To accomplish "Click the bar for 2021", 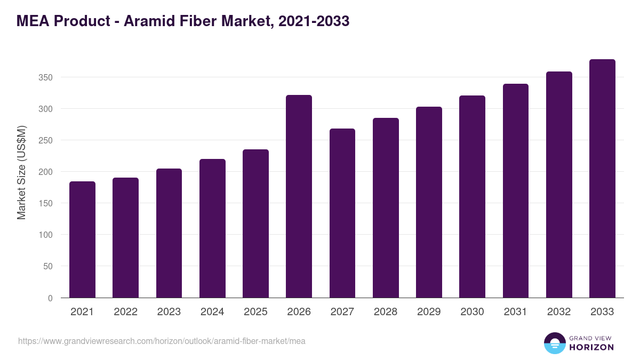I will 82,239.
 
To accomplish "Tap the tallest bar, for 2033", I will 602,179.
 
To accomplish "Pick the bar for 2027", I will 342,213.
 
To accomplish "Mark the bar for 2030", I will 472,197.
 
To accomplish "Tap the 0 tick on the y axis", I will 50,298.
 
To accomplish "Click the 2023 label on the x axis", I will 169,312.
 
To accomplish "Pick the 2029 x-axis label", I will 429,312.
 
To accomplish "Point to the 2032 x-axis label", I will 559,312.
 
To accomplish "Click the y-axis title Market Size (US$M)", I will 21,172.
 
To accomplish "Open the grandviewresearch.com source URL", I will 162,341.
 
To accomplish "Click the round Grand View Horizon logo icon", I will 554,343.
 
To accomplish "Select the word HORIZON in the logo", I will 591,347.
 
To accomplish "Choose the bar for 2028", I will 386,208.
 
